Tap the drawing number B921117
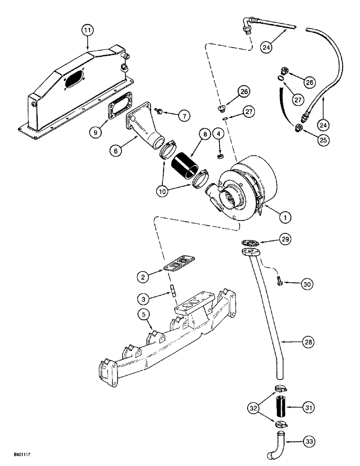pos(19,459)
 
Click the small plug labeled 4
pos(222,155)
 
